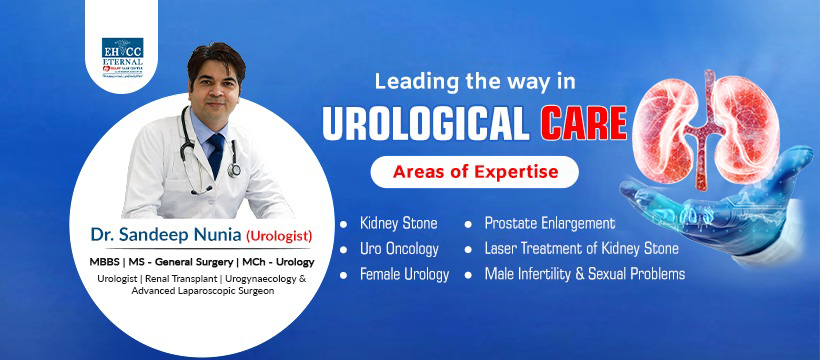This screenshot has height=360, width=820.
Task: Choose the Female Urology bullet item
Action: click(x=404, y=273)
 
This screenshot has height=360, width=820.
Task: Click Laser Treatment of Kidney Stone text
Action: click(x=581, y=248)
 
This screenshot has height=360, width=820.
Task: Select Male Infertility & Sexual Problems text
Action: click(x=584, y=273)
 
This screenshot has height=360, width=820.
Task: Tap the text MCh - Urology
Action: click(x=273, y=262)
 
